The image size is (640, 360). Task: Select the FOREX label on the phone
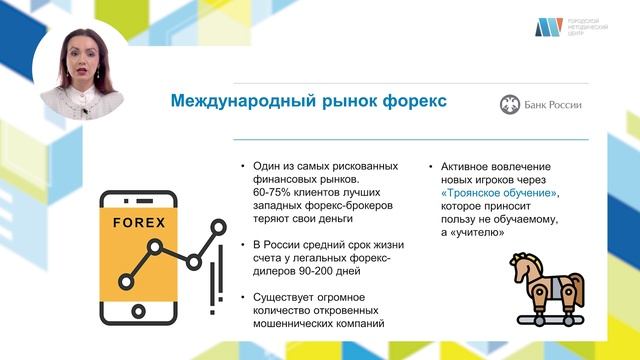click(141, 222)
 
